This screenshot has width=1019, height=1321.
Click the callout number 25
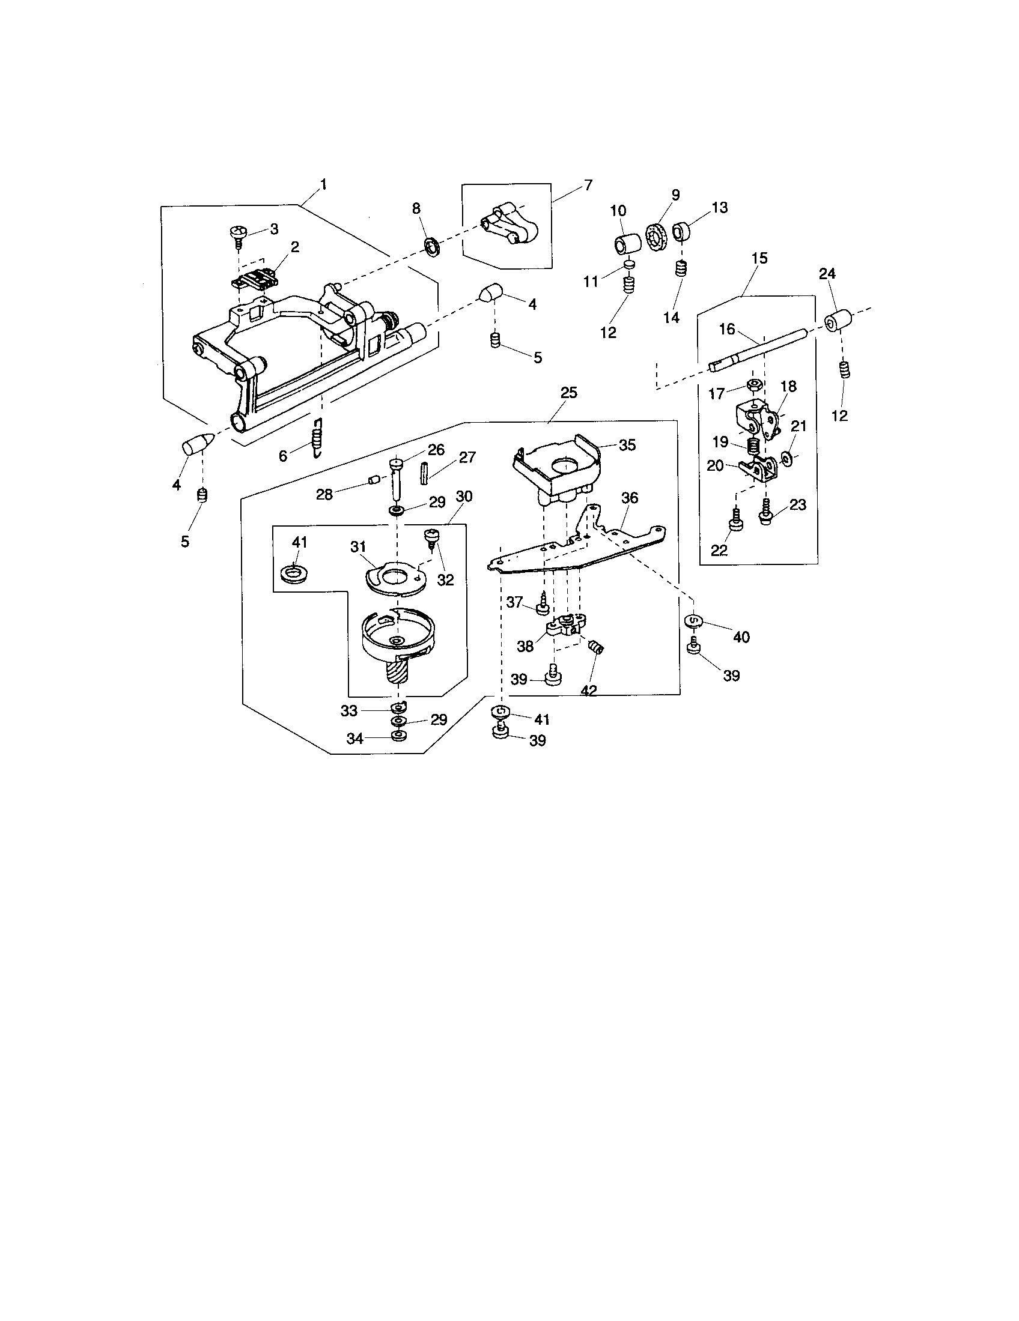(x=569, y=393)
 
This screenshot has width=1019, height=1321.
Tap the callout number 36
(x=630, y=498)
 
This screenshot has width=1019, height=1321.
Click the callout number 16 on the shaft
(x=727, y=329)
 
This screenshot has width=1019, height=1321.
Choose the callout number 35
(x=627, y=445)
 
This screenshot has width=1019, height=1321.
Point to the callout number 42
(x=588, y=690)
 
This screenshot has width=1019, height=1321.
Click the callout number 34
(x=355, y=739)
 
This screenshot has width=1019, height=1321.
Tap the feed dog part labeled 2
(x=256, y=282)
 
